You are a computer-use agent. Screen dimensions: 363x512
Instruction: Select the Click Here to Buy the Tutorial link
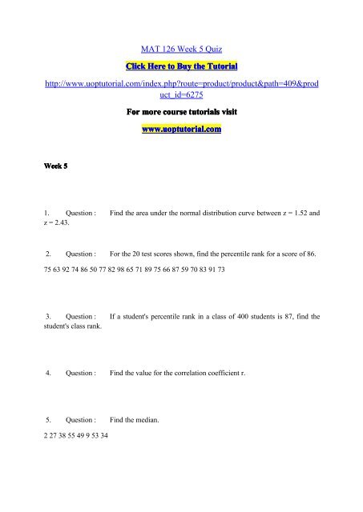181,63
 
